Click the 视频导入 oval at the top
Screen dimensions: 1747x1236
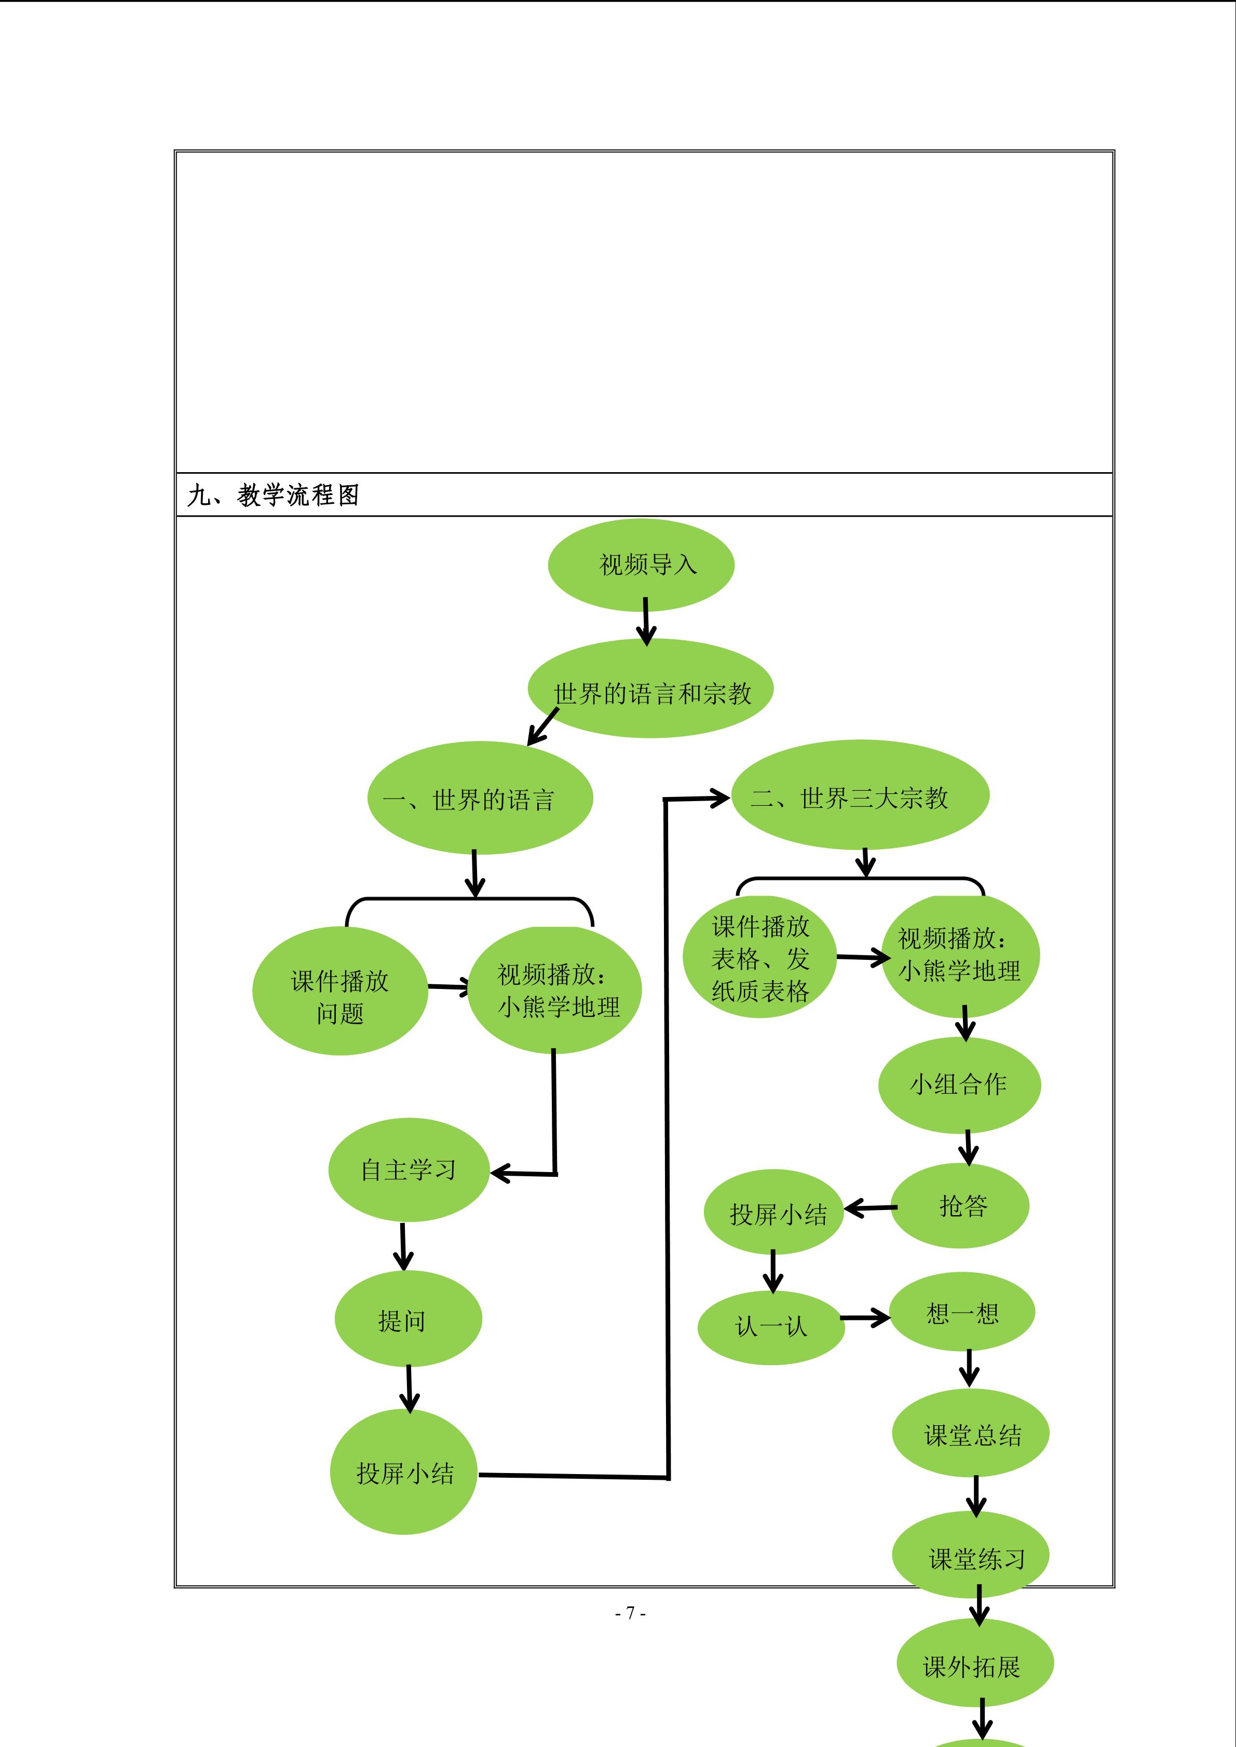(x=641, y=565)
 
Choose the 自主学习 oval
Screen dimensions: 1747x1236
(x=409, y=1170)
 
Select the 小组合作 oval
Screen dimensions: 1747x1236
(x=959, y=1084)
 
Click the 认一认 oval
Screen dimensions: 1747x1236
(x=771, y=1328)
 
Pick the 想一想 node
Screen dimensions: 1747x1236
(x=962, y=1314)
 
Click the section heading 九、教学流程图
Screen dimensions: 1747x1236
(x=273, y=496)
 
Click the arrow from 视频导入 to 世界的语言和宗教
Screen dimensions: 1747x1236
(x=645, y=620)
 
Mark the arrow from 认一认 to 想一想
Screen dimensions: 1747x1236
(x=865, y=1318)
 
